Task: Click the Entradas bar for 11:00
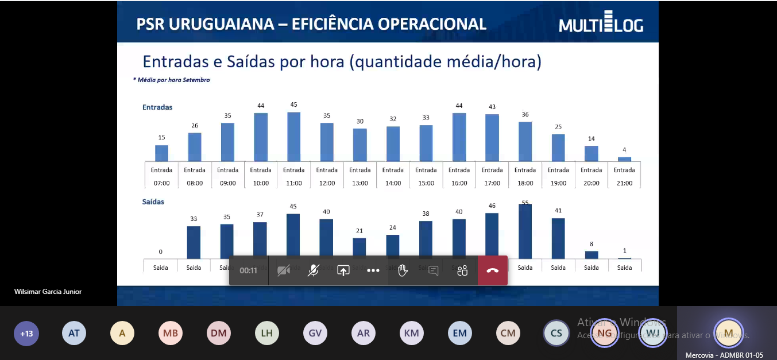point(293,137)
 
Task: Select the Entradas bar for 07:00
point(162,153)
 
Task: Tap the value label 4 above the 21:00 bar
point(624,150)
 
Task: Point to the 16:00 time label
point(459,183)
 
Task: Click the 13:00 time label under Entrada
point(360,183)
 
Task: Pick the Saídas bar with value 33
point(194,242)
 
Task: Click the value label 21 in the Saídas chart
point(359,231)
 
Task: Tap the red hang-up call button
point(492,270)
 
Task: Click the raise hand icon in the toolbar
point(403,270)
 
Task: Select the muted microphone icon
point(313,270)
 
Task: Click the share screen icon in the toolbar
point(343,270)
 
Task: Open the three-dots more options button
point(373,270)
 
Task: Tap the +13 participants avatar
point(26,333)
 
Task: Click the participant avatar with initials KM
point(411,333)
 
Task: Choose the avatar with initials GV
point(315,333)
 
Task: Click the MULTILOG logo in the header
point(601,24)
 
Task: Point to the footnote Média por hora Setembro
point(171,80)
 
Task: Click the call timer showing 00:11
point(248,270)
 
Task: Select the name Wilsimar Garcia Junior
point(48,292)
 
